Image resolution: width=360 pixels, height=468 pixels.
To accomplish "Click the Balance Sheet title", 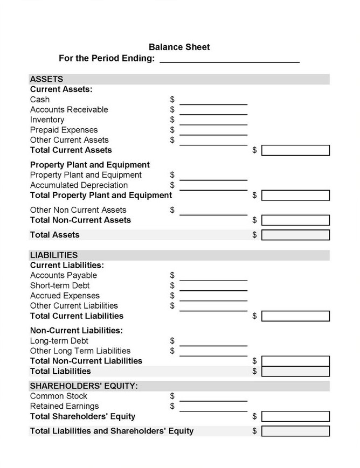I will pos(179,47).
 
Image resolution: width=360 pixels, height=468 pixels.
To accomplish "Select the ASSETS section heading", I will pos(47,79).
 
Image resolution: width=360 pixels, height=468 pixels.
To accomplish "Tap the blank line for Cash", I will pos(213,100).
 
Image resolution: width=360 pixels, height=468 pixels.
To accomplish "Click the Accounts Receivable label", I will pos(69,110).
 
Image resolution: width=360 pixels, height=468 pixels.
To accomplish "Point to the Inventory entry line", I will pos(213,121).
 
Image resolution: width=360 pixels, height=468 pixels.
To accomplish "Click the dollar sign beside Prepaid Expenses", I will pos(172,130).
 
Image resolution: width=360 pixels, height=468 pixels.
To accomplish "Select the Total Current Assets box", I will pos(295,150).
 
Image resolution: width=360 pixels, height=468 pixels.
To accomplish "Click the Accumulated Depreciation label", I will pos(72,185).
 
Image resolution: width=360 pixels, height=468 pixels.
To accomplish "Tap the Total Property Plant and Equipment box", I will pos(295,195).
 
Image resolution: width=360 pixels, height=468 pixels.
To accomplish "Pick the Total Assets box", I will pos(295,235).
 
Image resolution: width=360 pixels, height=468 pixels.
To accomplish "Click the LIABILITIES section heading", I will pos(54,255).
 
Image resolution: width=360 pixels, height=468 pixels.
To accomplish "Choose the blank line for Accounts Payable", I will pos(213,276).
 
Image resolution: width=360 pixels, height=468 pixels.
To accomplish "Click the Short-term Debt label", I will pos(60,285).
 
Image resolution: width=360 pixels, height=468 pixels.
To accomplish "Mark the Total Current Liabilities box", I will pos(295,316).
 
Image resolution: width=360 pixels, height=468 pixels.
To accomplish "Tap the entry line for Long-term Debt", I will pos(213,342).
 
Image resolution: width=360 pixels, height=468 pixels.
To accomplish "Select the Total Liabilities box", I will pos(295,372).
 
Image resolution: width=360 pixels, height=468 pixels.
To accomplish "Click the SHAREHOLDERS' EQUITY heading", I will pos(84,386).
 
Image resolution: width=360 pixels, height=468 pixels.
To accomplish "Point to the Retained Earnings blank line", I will pos(213,407).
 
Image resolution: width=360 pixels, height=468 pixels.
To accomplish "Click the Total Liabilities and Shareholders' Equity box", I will pos(295,431).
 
